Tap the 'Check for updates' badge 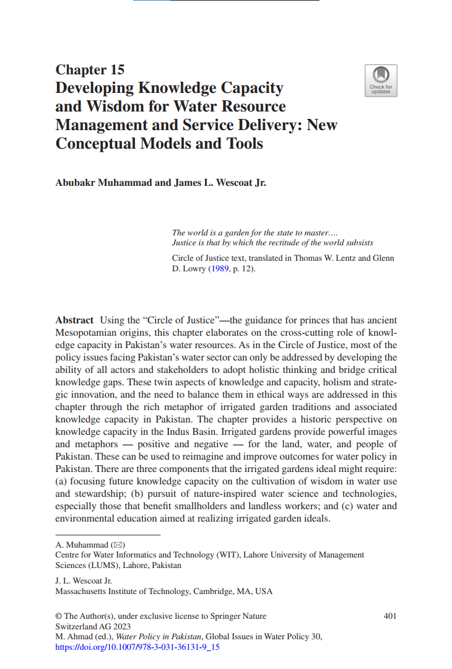[x=380, y=81]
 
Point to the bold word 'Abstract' [x=74, y=320]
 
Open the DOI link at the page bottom [x=137, y=647]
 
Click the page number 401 [x=390, y=616]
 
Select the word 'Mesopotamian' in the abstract [x=85, y=332]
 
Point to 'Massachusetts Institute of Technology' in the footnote [x=122, y=592]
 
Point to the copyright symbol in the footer [x=59, y=616]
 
